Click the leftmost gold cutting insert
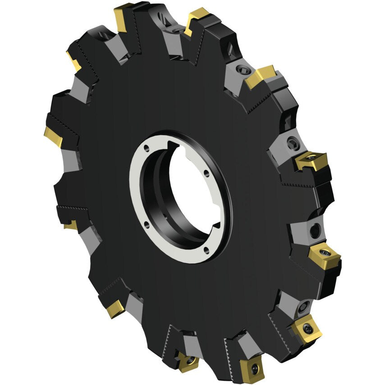53,134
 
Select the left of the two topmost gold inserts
123,17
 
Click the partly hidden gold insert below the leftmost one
71,225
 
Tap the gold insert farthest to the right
325,256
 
